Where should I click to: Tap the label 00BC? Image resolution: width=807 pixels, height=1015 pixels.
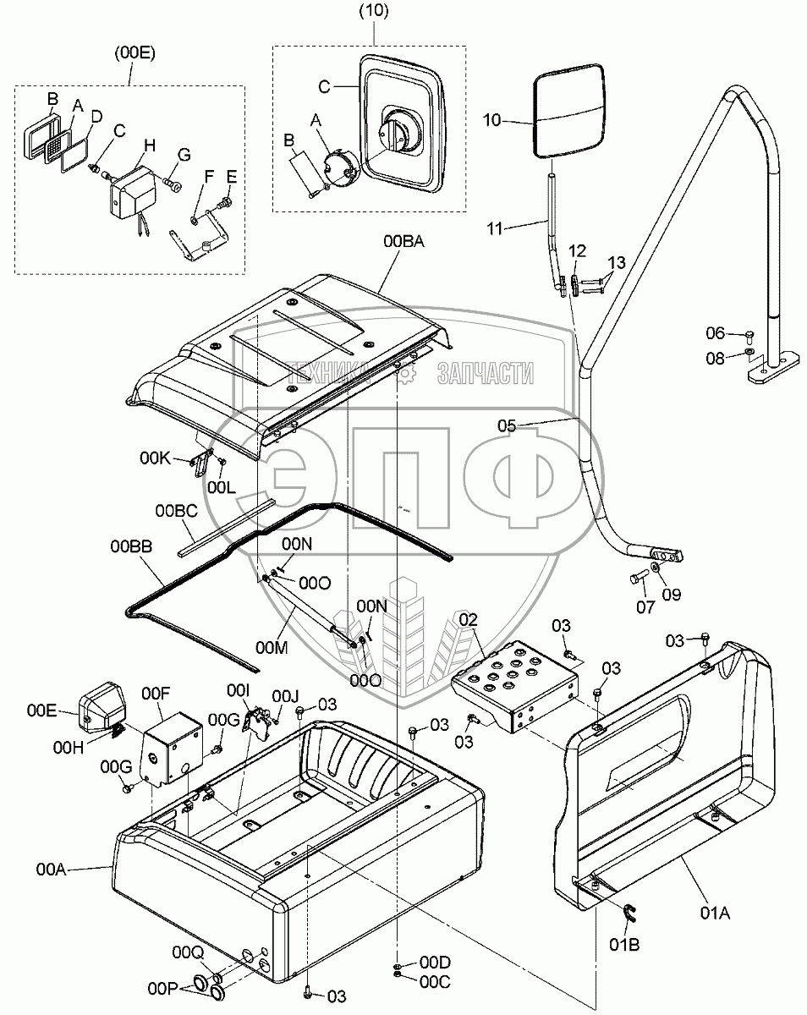[175, 511]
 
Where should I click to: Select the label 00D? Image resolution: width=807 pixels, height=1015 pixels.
[435, 963]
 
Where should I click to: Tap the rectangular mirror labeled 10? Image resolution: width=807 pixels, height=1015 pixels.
[569, 114]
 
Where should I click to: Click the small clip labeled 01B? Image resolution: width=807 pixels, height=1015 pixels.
[628, 913]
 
